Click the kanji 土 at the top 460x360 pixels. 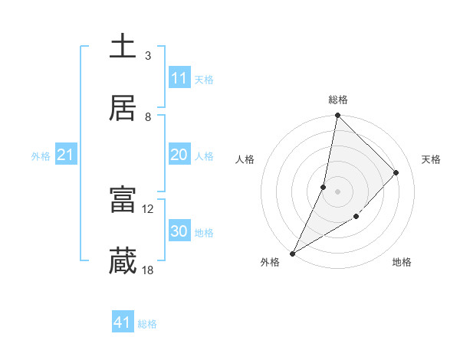(x=123, y=47)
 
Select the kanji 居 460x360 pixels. (x=123, y=107)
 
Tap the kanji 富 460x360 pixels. (x=123, y=201)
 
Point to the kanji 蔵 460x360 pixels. (x=123, y=261)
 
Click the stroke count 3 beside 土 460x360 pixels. (x=148, y=56)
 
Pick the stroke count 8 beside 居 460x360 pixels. (x=148, y=116)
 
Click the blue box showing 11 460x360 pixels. (x=179, y=78)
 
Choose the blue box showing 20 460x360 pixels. (x=179, y=155)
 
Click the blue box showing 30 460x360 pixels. (x=179, y=231)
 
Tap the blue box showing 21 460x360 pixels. (x=66, y=155)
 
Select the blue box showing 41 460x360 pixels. (x=123, y=322)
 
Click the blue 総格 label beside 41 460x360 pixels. (x=147, y=324)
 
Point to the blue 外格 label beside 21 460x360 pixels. (x=41, y=156)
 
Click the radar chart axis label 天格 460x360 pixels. (x=431, y=159)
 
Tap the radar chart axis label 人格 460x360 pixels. (x=245, y=159)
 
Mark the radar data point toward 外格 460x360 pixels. (x=292, y=253)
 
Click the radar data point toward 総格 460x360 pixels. (x=337, y=116)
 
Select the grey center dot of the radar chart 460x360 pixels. (x=337, y=191)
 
